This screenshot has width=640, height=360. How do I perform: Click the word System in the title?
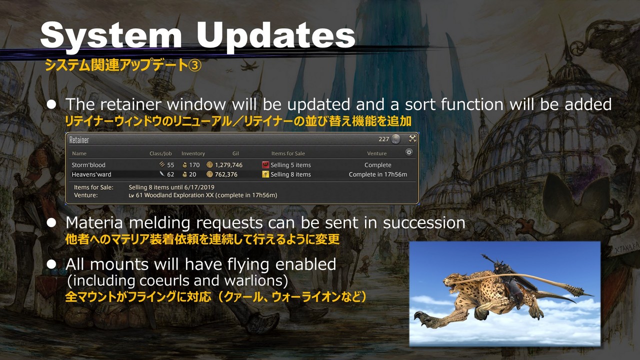pos(111,35)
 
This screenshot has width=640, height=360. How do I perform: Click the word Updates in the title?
pos(275,35)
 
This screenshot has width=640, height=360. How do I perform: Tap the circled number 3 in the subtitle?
pos(195,65)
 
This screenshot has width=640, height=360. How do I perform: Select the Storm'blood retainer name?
pos(88,165)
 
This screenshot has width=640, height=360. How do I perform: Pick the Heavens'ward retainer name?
pos(91,174)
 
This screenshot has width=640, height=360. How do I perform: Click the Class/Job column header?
pos(160,153)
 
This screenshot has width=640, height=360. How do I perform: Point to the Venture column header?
pos(376,153)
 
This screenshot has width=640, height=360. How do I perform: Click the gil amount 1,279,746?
pos(228,165)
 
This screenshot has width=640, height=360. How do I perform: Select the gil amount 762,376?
pos(226,174)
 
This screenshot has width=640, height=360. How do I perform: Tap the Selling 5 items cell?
pos(290,165)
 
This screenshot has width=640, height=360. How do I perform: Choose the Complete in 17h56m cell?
pos(377,174)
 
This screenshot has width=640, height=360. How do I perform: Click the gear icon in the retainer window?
pos(409,152)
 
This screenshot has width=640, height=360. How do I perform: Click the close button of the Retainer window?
pos(412,138)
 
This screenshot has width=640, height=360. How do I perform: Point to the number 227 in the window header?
pos(383,139)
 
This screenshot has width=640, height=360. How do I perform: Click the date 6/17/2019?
pos(199,187)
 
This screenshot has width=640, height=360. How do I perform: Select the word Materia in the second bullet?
pos(94,223)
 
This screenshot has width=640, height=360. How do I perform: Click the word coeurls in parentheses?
pos(160,280)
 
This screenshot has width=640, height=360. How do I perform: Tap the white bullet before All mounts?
pos(51,264)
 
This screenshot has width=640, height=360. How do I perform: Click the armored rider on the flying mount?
pos(505,270)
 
